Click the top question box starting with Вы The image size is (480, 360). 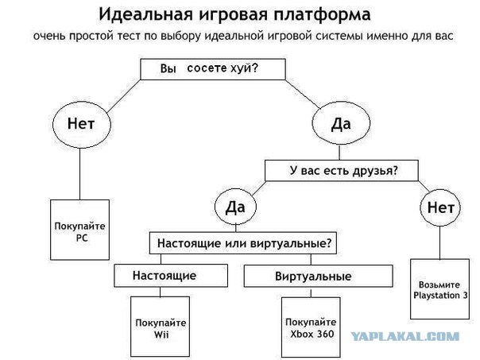coord(211,69)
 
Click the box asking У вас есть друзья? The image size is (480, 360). coord(343,169)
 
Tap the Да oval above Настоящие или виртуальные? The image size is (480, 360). coord(234,207)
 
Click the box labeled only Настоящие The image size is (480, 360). coord(165,276)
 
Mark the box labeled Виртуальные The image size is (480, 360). coord(313,276)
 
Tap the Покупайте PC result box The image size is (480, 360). coord(79,230)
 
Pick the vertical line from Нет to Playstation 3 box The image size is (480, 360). coord(439,242)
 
